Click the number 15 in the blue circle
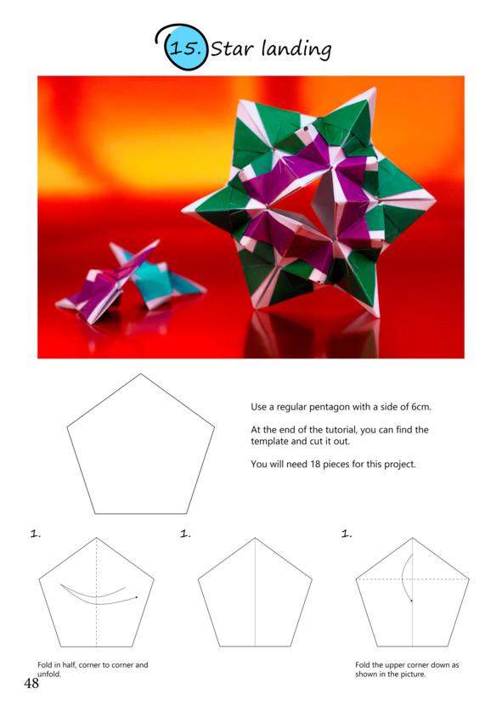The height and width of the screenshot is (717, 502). [185, 48]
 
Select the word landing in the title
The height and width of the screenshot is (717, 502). [296, 49]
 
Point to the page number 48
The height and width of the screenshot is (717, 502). [31, 683]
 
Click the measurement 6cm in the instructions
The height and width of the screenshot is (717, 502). [420, 407]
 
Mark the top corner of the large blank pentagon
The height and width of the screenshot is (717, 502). [140, 374]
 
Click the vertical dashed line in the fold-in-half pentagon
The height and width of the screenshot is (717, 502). [96, 592]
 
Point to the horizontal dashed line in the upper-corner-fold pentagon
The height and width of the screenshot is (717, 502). [413, 579]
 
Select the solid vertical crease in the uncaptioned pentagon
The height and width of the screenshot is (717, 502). [255, 592]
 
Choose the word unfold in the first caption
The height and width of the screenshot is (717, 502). [48, 674]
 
